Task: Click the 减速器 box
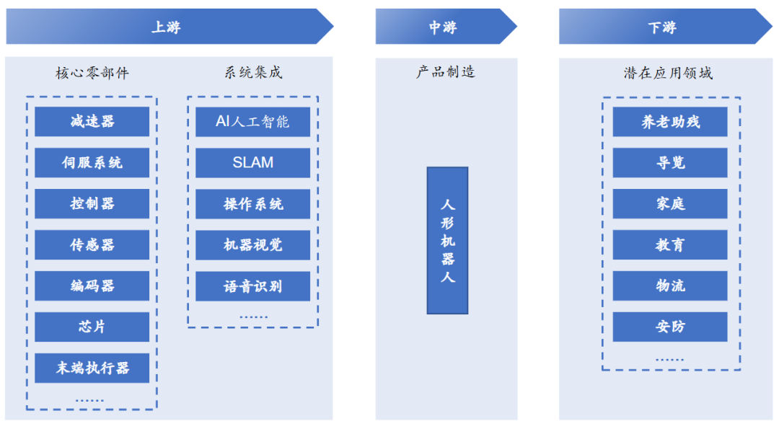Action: pos(92,121)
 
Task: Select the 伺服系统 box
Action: pos(92,162)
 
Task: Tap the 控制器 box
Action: pos(92,203)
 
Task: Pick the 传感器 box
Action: pos(92,244)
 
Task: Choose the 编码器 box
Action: pos(92,286)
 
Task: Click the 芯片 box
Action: pos(92,327)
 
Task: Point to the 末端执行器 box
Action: pos(92,368)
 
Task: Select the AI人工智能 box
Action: pos(252,121)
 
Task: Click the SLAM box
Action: pos(252,162)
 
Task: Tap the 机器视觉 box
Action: pos(252,244)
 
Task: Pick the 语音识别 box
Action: pos(252,286)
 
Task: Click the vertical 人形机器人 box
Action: pos(447,240)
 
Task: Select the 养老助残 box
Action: pos(670,121)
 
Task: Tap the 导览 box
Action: pos(670,162)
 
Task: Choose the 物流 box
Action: pos(670,286)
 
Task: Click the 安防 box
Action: pos(670,327)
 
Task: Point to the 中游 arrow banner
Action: pos(444,27)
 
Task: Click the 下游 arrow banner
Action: pos(664,27)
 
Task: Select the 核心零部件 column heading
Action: pos(92,73)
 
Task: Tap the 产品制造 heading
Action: pos(446,72)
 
